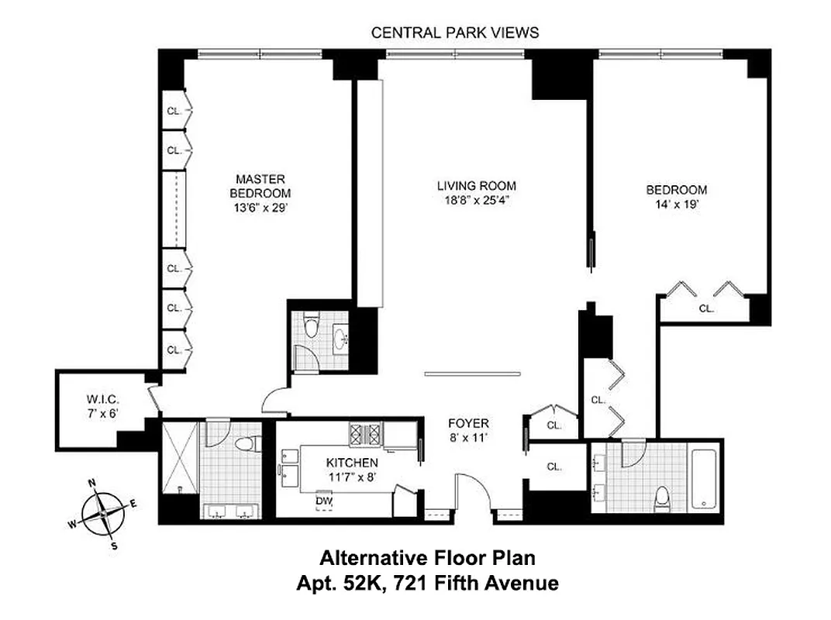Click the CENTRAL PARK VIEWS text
454,33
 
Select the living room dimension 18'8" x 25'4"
476,200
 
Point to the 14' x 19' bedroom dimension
677,204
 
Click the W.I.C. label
101,401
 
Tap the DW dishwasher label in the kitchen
323,500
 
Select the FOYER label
469,423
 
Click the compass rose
103,514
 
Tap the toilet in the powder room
311,325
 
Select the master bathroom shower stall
179,456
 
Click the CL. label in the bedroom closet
705,308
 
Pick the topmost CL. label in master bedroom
174,111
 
